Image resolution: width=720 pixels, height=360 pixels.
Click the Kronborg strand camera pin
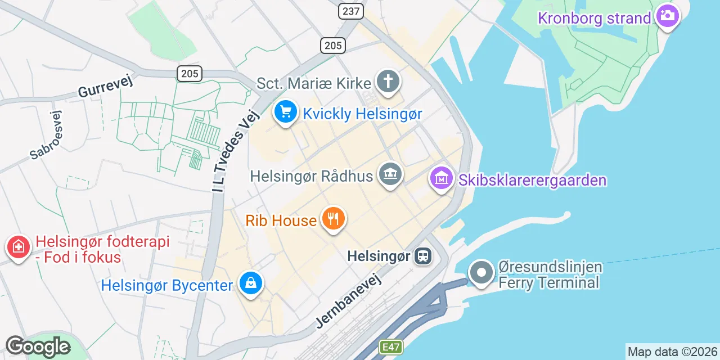tap(667, 16)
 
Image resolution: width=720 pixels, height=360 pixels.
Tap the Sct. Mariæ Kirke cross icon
tap(388, 82)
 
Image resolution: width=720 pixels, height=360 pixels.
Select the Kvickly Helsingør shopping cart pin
tap(286, 112)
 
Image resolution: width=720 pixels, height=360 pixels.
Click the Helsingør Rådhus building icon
tap(389, 174)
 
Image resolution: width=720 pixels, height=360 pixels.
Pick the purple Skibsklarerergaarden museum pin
tap(442, 178)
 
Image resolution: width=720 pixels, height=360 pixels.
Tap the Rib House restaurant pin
tap(334, 218)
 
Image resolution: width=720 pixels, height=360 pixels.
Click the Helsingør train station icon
tap(422, 256)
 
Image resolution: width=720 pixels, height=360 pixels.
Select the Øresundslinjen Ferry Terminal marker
tap(481, 273)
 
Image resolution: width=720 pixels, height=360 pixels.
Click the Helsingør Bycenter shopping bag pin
tap(251, 283)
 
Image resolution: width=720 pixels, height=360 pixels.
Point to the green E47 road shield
tap(391, 347)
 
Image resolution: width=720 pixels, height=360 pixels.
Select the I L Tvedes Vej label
tap(236, 150)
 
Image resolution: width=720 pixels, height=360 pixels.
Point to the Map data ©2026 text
tap(672, 352)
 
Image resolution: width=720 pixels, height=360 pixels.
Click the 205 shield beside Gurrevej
tap(190, 73)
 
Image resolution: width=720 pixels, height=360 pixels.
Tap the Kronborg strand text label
tap(594, 18)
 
